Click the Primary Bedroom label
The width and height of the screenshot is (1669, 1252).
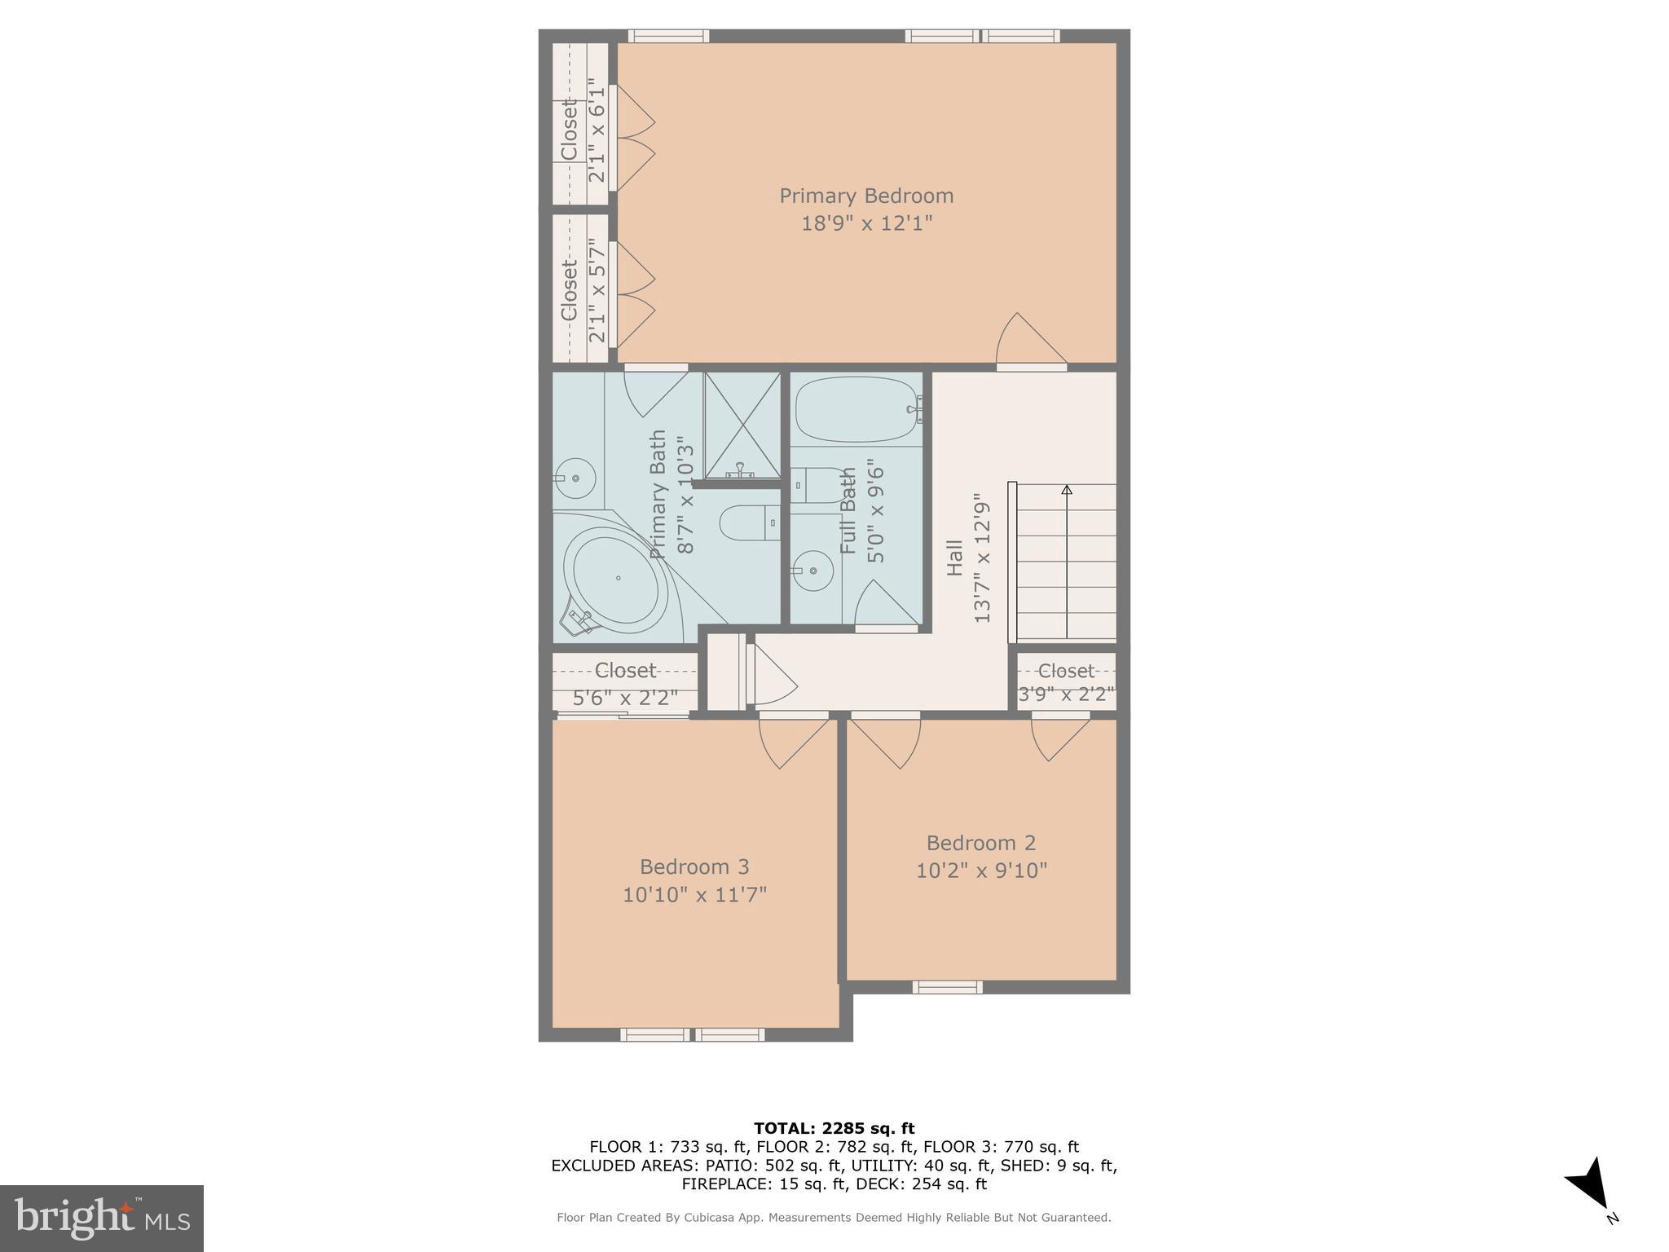click(866, 196)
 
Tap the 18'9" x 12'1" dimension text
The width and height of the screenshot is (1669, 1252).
click(866, 223)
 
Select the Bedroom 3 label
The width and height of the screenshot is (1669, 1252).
click(694, 866)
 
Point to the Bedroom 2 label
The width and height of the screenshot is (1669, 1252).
click(981, 843)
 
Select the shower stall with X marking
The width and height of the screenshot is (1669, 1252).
click(742, 425)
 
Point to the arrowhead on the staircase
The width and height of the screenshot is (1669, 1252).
click(1067, 490)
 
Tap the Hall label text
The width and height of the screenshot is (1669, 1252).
click(954, 558)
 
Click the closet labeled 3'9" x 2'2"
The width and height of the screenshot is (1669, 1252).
click(1066, 682)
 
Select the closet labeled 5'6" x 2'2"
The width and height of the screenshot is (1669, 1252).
click(625, 683)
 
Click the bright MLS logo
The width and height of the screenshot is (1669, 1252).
click(101, 1219)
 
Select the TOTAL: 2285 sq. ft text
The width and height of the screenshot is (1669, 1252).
click(834, 1128)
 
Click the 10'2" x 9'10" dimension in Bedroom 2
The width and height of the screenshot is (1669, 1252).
click(981, 871)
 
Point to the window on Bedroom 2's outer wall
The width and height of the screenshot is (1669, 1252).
click(947, 988)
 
